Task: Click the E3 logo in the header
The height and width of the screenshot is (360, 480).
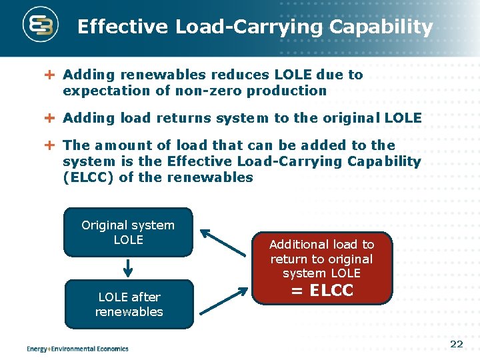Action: click(41, 27)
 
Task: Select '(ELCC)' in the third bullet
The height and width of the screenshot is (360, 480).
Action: click(87, 177)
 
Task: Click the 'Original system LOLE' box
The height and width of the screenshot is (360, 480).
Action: click(128, 232)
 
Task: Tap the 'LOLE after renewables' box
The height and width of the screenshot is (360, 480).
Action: click(129, 304)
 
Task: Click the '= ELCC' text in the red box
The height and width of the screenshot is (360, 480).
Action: click(323, 291)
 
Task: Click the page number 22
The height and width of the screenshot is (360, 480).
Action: click(457, 344)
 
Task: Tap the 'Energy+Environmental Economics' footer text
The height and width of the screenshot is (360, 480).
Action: click(77, 348)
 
